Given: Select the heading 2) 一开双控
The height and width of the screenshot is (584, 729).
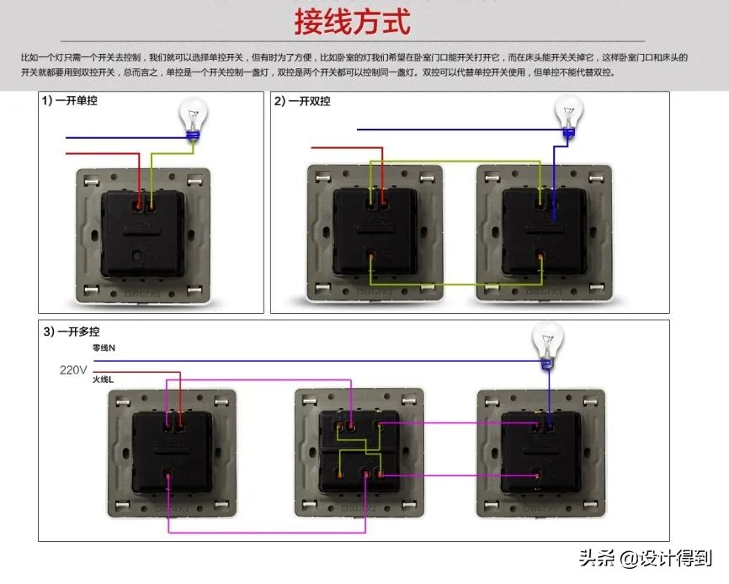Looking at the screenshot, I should pos(302,101).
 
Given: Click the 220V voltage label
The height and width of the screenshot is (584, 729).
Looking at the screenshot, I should pos(73,369).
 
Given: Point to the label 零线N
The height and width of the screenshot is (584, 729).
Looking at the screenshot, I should pos(104,348).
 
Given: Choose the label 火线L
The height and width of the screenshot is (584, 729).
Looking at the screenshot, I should pos(104,380).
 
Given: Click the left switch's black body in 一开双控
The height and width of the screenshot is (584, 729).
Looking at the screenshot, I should pos(374,231).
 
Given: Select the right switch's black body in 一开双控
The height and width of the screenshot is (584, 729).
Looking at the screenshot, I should pos(543,231).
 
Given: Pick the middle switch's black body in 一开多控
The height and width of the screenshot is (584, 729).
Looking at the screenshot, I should pos(359,451).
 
